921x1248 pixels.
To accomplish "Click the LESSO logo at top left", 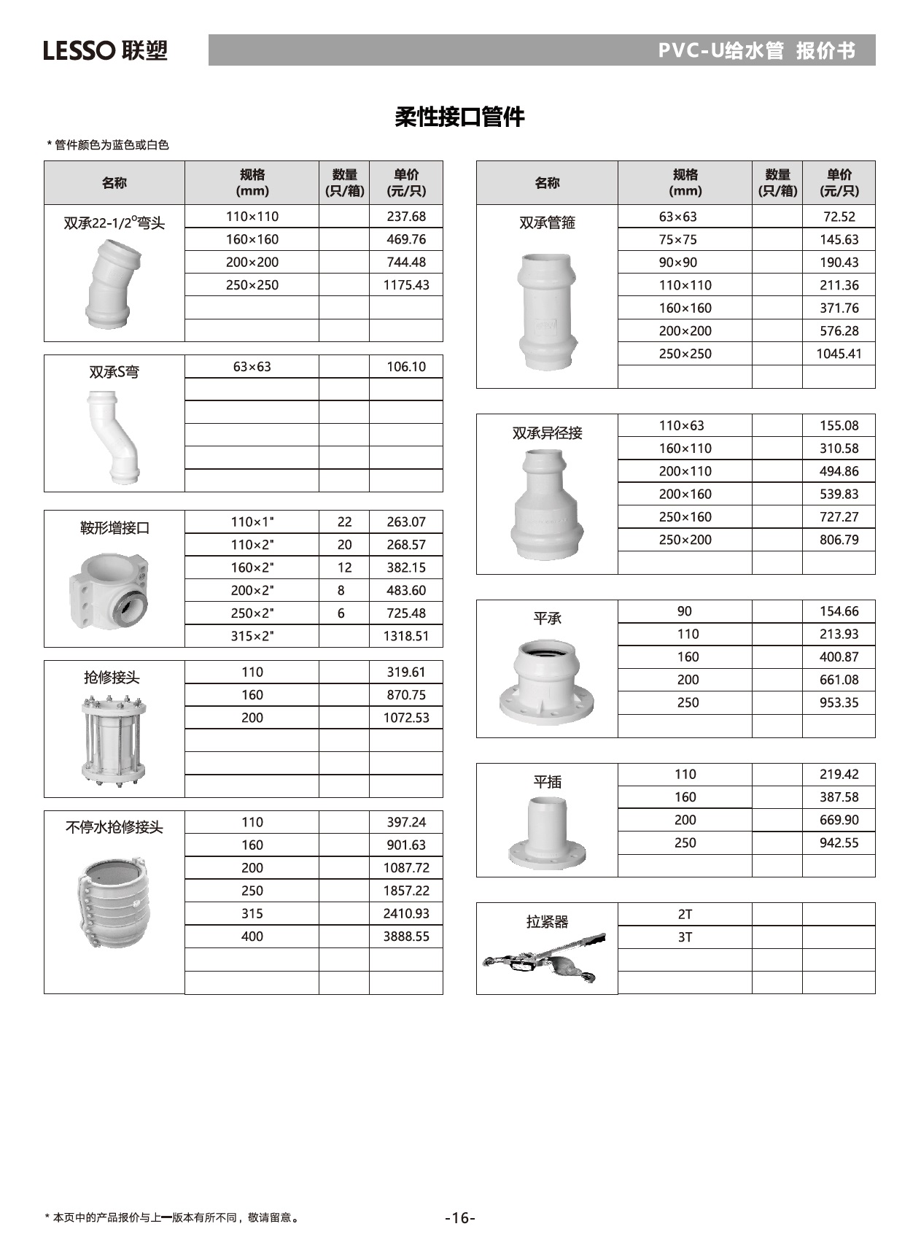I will pyautogui.click(x=105, y=50).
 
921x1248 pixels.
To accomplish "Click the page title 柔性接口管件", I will pyautogui.click(x=459, y=117).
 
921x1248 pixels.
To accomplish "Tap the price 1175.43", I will pyautogui.click(x=406, y=285).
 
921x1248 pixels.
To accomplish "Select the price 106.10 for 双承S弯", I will pyautogui.click(x=406, y=367).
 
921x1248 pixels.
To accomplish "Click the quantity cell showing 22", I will pyautogui.click(x=344, y=522).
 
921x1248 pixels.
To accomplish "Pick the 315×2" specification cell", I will pyautogui.click(x=252, y=636).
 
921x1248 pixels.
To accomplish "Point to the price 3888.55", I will pyautogui.click(x=406, y=937).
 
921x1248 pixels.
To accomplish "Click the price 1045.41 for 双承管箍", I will pyautogui.click(x=839, y=354).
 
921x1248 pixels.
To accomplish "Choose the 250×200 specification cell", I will pyautogui.click(x=685, y=540).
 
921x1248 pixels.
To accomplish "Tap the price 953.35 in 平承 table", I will pyautogui.click(x=839, y=703).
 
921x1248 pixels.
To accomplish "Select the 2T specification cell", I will pyautogui.click(x=685, y=915).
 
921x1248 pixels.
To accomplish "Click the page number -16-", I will pyautogui.click(x=460, y=1217).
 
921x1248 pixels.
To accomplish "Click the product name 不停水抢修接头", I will pyautogui.click(x=114, y=827).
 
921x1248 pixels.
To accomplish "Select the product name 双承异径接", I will pyautogui.click(x=547, y=433).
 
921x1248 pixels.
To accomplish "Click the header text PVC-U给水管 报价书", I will pyautogui.click(x=756, y=50).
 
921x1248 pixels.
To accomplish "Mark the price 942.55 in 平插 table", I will pyautogui.click(x=839, y=843).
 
